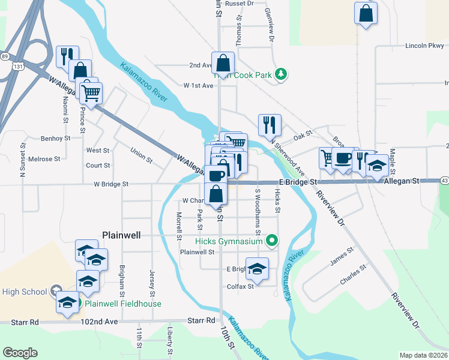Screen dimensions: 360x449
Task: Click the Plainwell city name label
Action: (x=121, y=235)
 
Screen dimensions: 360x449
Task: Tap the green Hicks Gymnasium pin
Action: (x=271, y=241)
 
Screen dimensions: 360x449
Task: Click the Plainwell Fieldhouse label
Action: (x=122, y=304)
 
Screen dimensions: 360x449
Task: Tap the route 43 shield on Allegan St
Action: (x=444, y=180)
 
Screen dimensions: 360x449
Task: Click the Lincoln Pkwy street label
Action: (x=424, y=46)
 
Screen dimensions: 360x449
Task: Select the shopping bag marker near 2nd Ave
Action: (x=223, y=64)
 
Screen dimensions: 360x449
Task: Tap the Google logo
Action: (x=20, y=353)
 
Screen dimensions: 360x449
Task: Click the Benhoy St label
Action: (x=55, y=138)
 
